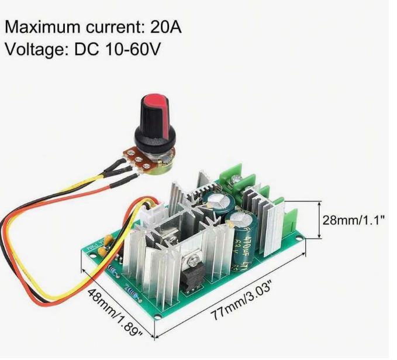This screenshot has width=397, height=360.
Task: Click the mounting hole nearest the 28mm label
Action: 301,239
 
